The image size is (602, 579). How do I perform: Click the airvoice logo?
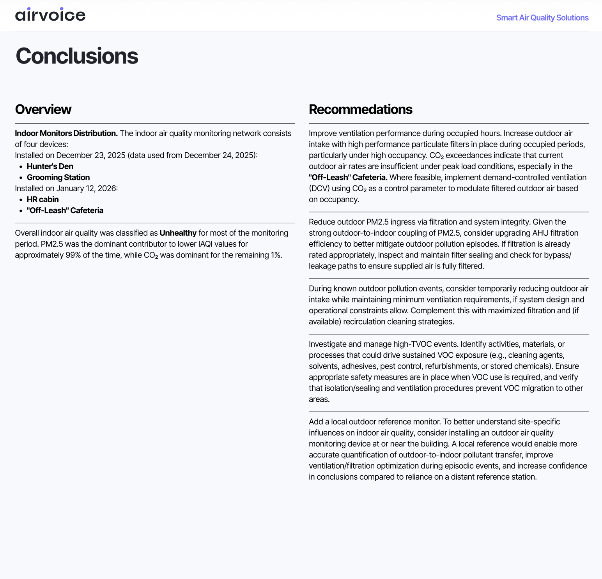[50, 15]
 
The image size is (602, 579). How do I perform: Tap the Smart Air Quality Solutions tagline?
[542, 18]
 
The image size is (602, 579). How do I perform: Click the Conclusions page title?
[77, 56]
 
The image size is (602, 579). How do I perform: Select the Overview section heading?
[43, 109]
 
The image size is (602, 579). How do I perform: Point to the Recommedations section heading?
[360, 109]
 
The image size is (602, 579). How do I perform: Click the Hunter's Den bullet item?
[50, 166]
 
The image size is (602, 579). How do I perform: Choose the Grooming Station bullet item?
[58, 177]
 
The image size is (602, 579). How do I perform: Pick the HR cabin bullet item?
[42, 199]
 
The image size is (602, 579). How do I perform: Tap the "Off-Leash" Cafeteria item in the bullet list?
[65, 210]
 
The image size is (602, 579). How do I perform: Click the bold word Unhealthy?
[178, 233]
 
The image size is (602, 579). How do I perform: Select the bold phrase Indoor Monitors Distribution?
[66, 133]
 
